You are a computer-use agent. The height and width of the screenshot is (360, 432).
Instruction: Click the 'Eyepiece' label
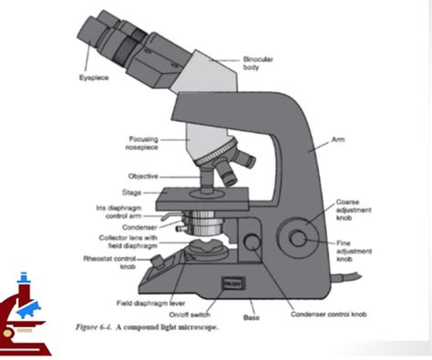[93, 78]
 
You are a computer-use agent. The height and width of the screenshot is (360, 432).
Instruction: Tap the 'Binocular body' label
[258, 62]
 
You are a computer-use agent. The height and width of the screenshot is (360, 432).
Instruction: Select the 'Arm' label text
[337, 140]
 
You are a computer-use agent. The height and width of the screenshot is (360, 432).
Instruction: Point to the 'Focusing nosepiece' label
[144, 143]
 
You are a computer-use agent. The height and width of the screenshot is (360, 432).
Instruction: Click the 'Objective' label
[143, 176]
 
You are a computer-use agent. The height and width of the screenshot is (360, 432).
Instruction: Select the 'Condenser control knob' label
[328, 313]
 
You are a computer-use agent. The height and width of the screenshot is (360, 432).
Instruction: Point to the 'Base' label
[252, 317]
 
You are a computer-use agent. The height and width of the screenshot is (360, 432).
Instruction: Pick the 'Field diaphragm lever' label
[150, 302]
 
